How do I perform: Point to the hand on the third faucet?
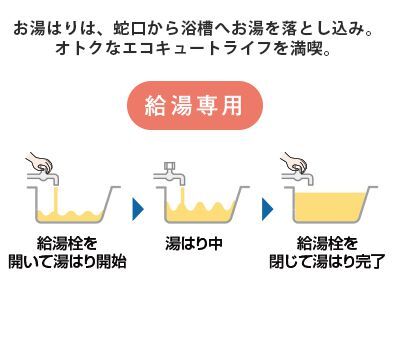click(293, 163)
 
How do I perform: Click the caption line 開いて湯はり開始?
click(71, 262)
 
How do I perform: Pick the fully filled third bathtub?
click(330, 207)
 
